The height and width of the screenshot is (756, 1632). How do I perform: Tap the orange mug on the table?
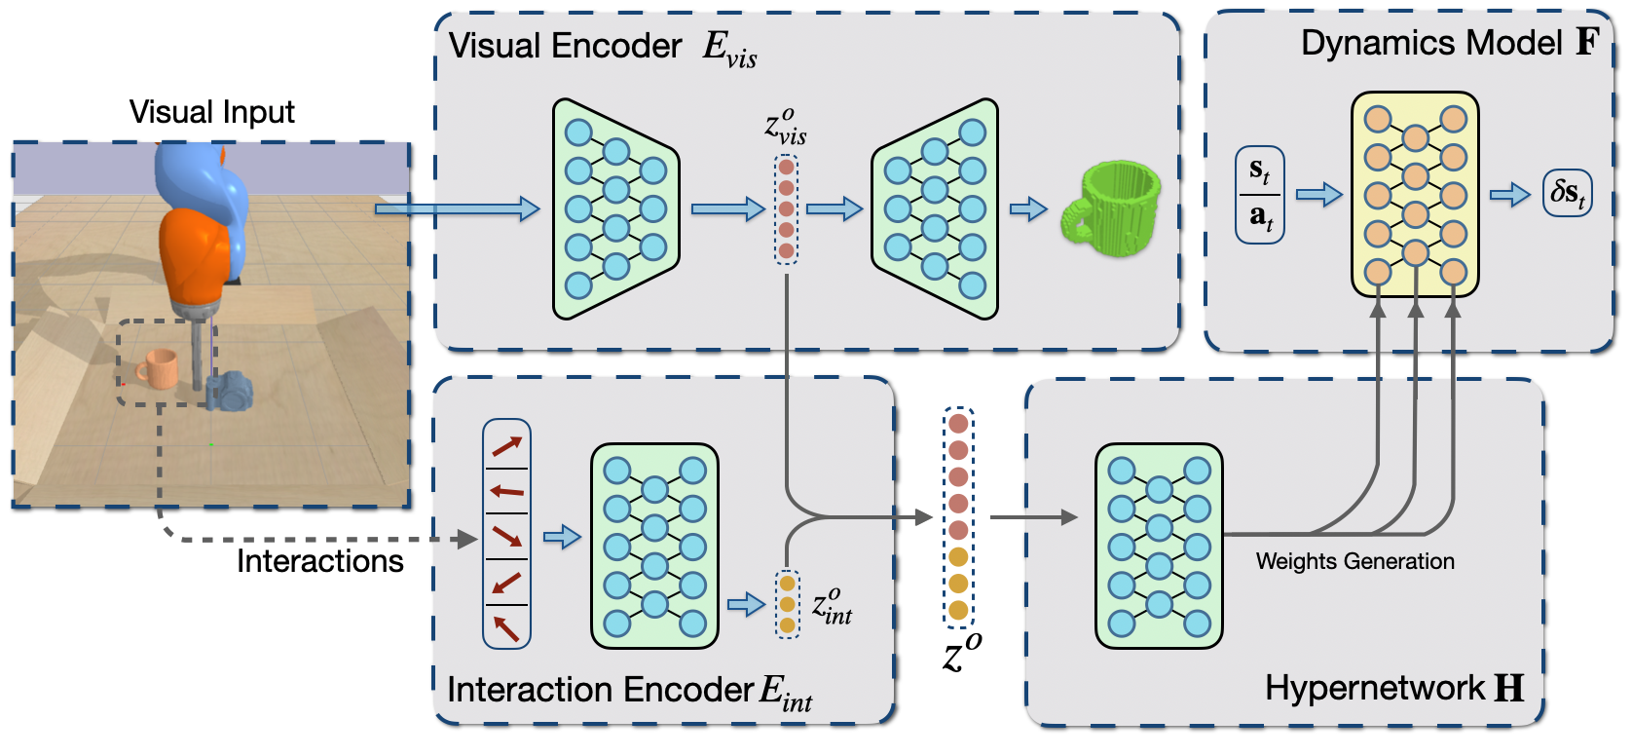tap(158, 368)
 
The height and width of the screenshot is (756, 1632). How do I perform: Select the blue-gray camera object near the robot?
tap(230, 391)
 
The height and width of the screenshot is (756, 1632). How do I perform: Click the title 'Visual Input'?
tap(212, 111)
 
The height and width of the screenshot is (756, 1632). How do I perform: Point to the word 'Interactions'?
tap(319, 561)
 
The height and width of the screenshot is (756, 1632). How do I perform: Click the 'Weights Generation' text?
tap(1355, 561)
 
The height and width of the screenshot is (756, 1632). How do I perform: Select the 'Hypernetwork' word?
tap(1375, 688)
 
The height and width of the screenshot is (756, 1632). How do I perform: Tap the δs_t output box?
tap(1567, 193)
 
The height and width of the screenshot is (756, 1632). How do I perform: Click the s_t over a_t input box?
tap(1260, 195)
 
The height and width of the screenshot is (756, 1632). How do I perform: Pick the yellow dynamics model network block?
tap(1415, 195)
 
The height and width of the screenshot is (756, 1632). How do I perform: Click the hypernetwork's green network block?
tap(1159, 546)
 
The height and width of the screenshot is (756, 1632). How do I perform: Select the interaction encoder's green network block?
tap(654, 546)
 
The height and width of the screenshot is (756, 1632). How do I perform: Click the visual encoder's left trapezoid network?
tap(615, 209)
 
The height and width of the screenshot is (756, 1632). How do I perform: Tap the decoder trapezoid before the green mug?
tap(935, 209)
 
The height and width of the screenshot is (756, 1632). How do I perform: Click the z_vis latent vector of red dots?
tap(786, 209)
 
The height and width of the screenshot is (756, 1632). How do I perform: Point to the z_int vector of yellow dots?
tap(787, 604)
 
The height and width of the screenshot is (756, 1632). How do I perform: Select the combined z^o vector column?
tap(958, 517)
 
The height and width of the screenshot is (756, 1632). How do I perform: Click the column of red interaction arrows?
tap(506, 534)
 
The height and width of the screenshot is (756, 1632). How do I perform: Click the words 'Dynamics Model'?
tap(1431, 43)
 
